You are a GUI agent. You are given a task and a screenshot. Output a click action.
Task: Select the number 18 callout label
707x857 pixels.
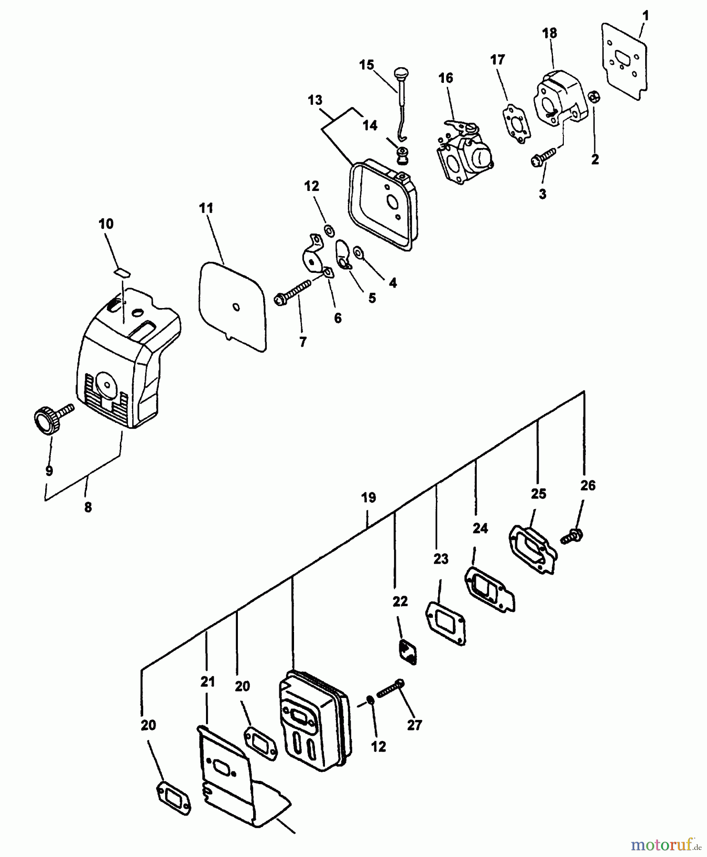pos(550,33)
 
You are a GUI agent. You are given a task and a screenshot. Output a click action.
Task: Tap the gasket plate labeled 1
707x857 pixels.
pos(625,60)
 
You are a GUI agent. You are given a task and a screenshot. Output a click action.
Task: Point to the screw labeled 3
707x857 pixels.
pos(543,158)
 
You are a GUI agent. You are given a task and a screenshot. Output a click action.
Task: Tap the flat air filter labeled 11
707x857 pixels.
pos(232,307)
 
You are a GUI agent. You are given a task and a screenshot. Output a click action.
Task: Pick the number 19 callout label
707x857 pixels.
pos(368,498)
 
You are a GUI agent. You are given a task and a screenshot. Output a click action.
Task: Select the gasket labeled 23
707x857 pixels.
pos(445,622)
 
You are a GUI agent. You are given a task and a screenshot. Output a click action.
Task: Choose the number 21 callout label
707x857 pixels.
pos(207,682)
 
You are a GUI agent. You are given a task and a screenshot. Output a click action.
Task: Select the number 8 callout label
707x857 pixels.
pos(88,508)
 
